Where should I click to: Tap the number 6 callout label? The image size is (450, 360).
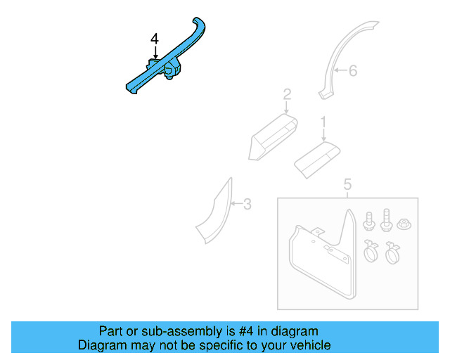[354, 70]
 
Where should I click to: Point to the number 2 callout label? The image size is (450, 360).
[287, 94]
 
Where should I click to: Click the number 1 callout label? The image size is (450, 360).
[323, 122]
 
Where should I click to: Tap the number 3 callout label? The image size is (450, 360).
[247, 205]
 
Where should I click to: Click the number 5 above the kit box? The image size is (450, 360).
[347, 185]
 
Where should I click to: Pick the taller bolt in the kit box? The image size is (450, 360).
[385, 220]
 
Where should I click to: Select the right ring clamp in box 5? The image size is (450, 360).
[392, 251]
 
